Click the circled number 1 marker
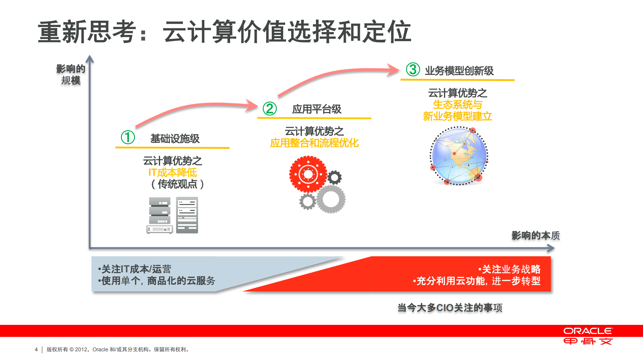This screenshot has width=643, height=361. [128, 137]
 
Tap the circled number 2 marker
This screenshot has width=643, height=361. [269, 108]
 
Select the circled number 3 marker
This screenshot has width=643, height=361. [413, 70]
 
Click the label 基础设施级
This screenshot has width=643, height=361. [175, 139]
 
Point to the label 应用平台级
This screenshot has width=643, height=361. [316, 109]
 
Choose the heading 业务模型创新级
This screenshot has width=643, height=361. [459, 71]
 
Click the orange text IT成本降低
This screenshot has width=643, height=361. [173, 173]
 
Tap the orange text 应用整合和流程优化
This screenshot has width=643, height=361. [314, 143]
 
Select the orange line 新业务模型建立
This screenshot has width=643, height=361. [457, 116]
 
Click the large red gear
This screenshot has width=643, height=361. [308, 174]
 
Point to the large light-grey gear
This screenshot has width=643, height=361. [331, 199]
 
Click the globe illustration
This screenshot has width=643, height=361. [459, 156]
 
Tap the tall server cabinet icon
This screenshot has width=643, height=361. [187, 215]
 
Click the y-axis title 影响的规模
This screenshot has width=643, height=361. [71, 75]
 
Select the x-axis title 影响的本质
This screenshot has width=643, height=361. [535, 236]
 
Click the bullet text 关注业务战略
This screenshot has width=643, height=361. [511, 269]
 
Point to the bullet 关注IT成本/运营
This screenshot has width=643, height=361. [135, 269]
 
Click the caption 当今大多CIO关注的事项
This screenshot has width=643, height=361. [450, 308]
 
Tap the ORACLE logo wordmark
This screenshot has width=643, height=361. [588, 331]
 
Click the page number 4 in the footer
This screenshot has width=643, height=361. [36, 349]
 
